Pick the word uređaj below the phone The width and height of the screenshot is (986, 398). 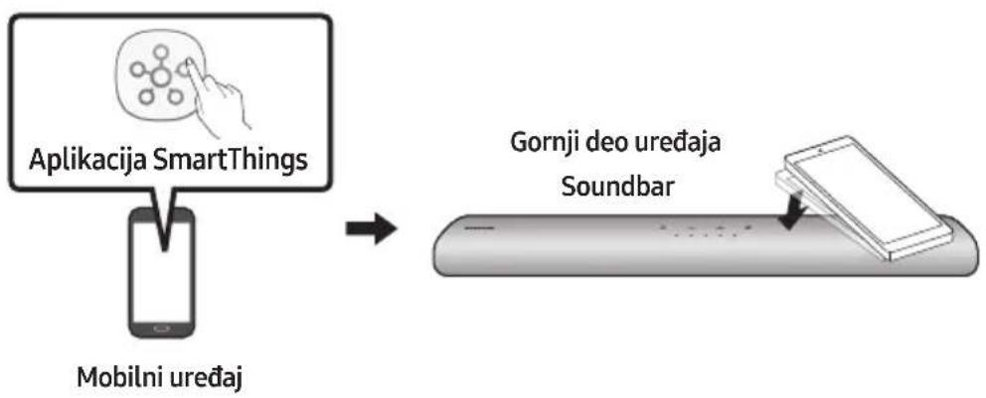click(208, 380)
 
